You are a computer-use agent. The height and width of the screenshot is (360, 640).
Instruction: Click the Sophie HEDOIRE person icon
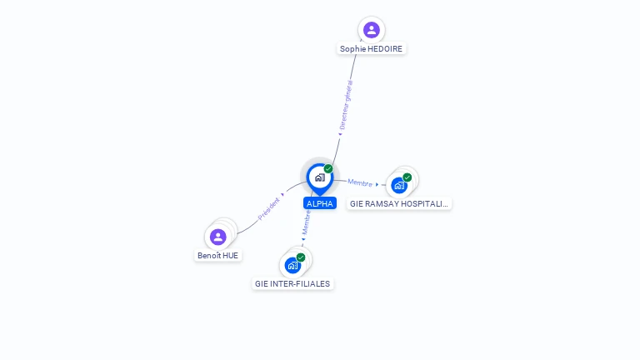[371, 30]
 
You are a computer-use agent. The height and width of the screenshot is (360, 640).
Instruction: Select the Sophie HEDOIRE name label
[371, 49]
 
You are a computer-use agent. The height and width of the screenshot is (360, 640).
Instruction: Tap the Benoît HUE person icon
[218, 237]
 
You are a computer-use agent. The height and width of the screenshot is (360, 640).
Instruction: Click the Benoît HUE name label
[217, 256]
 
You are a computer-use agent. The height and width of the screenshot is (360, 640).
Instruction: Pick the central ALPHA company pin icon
[319, 177]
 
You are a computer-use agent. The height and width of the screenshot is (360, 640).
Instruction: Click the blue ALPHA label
[320, 203]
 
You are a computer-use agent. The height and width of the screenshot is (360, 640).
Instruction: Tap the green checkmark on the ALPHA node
[328, 169]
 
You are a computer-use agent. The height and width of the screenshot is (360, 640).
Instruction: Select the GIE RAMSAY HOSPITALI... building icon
[399, 185]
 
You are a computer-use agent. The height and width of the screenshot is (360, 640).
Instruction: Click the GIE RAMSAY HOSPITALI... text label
[399, 203]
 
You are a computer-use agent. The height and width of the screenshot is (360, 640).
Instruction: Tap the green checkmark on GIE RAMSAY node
[407, 177]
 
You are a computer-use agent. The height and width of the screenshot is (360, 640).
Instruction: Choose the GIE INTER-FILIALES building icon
[292, 265]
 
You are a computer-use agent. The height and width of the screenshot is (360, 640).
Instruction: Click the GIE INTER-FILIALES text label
[292, 284]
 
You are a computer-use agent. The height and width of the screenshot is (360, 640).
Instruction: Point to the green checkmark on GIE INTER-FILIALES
[301, 257]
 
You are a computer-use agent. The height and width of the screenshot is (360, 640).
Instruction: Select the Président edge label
[268, 207]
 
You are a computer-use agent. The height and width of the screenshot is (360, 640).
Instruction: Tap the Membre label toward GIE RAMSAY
[360, 183]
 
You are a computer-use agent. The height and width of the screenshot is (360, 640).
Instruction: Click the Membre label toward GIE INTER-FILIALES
[306, 222]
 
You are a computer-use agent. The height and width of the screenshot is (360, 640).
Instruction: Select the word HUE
[231, 256]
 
